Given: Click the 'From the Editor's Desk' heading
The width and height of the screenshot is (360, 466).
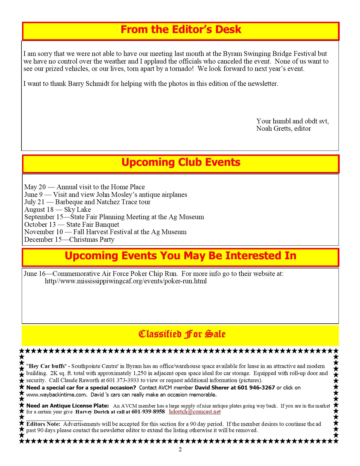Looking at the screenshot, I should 181,30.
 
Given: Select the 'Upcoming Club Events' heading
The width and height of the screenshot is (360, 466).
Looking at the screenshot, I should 181,162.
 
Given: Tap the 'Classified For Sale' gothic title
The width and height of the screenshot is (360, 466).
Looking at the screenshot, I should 182,334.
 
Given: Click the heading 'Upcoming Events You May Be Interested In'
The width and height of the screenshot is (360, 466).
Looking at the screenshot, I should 180,256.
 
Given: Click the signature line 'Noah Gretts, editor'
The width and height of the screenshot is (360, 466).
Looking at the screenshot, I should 283,129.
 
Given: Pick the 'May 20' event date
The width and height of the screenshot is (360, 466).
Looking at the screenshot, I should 35,187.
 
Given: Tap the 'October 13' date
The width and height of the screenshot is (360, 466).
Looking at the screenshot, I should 40,225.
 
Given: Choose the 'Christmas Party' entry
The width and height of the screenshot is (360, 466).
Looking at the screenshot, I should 92,239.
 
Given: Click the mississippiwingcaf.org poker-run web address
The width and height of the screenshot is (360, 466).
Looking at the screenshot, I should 126,281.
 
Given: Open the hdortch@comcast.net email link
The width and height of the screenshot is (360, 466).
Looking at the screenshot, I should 195,412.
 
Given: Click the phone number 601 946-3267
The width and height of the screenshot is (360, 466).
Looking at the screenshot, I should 256,388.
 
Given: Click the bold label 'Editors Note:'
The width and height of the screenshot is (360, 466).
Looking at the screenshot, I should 43,424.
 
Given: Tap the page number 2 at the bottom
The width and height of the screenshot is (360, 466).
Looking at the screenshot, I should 180,450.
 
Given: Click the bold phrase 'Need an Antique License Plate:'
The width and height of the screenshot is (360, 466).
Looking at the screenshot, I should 67,406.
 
